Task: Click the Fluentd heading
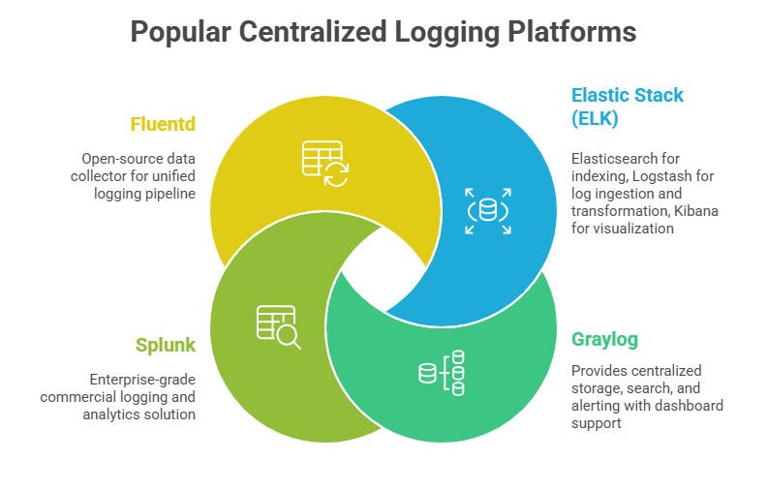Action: coord(163,124)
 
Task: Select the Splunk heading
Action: coord(166,345)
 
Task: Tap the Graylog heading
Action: coord(604,340)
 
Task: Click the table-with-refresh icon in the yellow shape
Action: coord(324,162)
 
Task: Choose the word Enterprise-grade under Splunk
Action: coord(142,379)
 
